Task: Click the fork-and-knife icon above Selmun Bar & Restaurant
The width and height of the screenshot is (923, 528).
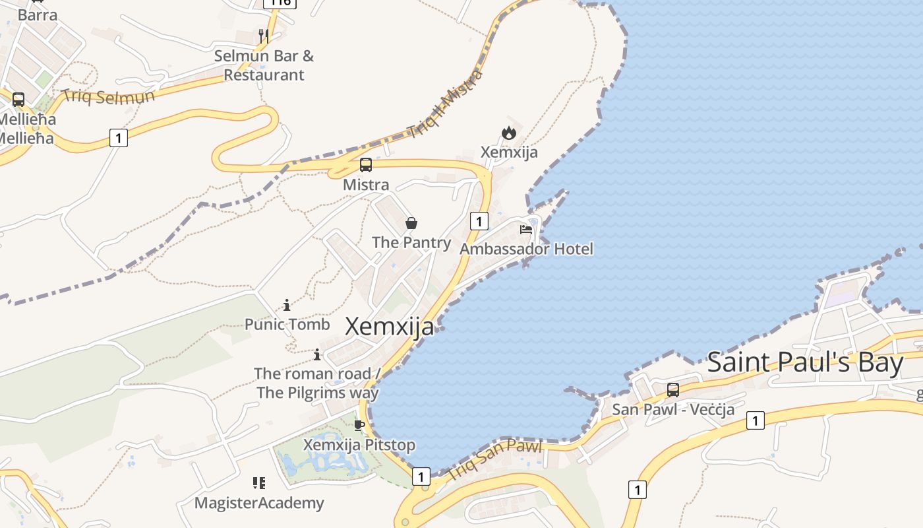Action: coord(264,36)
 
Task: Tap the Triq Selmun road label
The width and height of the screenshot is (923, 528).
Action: coord(108,96)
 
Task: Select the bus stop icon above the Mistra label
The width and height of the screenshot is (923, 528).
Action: coord(366,165)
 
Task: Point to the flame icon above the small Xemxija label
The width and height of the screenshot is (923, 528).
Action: coord(508,133)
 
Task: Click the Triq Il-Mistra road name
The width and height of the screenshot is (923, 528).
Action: coord(444,104)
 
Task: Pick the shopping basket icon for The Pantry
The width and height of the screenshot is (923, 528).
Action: coord(411,223)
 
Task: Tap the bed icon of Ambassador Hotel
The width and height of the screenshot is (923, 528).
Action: coord(526,230)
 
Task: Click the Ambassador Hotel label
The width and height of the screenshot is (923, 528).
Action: coord(526,249)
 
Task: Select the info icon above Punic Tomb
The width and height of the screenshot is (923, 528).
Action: coord(287,305)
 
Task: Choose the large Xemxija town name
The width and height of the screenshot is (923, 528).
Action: coord(390,326)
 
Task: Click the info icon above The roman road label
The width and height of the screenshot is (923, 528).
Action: coord(317,354)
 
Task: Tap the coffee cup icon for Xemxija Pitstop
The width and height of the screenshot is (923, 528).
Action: coord(359,425)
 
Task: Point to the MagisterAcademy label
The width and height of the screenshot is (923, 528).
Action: coord(259,503)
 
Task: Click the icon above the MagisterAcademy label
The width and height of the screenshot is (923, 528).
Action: coord(259,483)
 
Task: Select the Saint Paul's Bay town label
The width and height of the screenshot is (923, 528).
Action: coord(805,362)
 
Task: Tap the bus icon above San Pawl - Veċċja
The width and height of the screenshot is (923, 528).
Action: coord(672,389)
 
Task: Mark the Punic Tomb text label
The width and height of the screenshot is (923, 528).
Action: coord(287,324)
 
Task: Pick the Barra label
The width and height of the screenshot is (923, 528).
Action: coord(38,15)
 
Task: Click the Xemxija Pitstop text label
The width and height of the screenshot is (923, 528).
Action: coord(359,445)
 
